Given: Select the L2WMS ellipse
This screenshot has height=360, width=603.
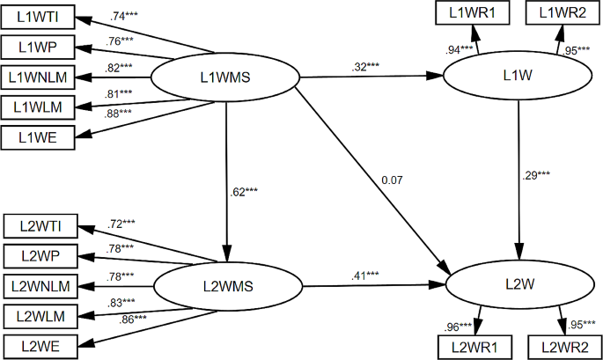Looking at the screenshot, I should (228, 285).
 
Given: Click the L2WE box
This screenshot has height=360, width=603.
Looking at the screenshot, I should (40, 345).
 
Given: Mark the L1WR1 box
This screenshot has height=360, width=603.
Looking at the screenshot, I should (474, 13).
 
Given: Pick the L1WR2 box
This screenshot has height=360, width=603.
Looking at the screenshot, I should (561, 13).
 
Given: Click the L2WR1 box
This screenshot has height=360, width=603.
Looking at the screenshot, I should (474, 346).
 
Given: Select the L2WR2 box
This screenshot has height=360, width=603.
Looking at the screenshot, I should (563, 346).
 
